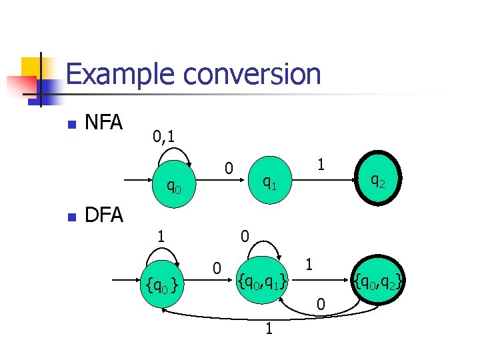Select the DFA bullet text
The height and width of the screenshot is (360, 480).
coord(104,215)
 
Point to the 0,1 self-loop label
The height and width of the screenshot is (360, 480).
coord(163,137)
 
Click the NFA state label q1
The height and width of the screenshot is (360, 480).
coord(269,181)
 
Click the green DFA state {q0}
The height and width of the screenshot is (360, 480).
coord(161,286)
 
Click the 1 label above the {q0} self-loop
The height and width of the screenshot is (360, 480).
coord(160,235)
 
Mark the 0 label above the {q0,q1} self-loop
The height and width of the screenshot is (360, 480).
coord(245,235)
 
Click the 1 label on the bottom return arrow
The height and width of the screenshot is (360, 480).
coord(268,329)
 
